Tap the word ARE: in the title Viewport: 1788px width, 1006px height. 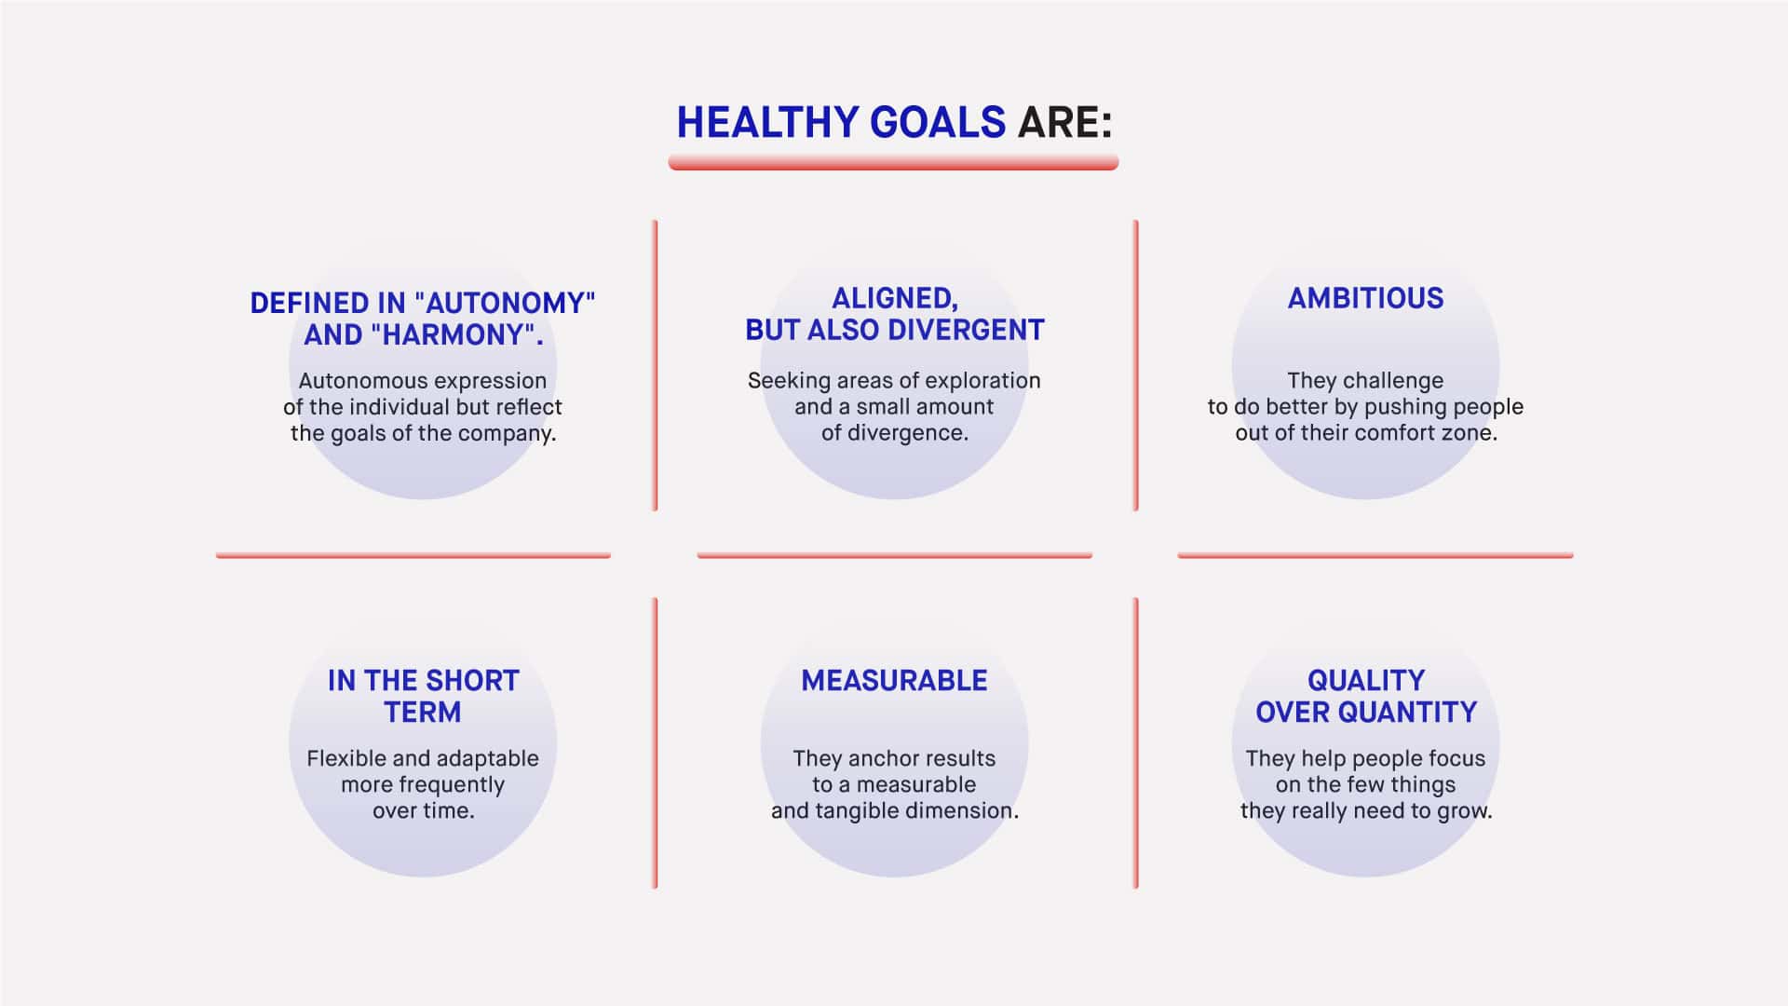click(x=1065, y=123)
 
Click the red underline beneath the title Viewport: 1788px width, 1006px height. click(x=893, y=163)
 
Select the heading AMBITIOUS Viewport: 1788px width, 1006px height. click(x=1365, y=298)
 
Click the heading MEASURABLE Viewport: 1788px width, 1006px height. click(x=894, y=681)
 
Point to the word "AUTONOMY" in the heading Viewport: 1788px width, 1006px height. click(x=505, y=303)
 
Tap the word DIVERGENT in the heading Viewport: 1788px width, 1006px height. click(x=967, y=330)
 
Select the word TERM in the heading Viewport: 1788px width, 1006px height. click(x=423, y=713)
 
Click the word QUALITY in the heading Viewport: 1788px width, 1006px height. click(x=1366, y=681)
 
